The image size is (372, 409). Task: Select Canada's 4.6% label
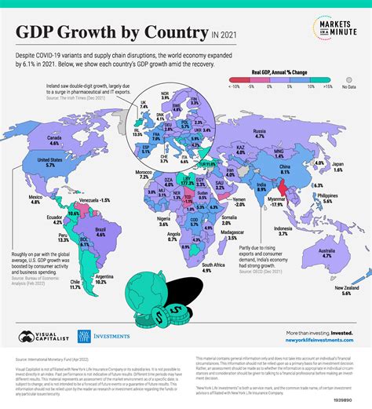[53, 142]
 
